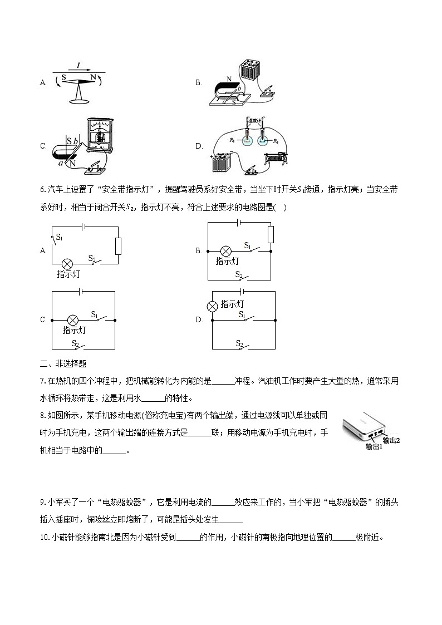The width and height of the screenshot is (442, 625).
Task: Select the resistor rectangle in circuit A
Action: click(x=118, y=246)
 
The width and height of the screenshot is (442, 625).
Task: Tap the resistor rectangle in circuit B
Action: click(x=271, y=235)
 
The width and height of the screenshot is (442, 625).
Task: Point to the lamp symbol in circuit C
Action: click(x=72, y=320)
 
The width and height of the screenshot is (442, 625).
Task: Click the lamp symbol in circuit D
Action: click(x=212, y=306)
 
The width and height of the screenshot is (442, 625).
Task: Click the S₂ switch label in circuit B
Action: click(x=239, y=274)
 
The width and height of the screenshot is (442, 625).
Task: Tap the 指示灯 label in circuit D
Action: click(x=232, y=304)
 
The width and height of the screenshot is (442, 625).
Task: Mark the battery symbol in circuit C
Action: click(x=82, y=291)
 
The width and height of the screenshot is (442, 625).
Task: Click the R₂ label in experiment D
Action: click(x=274, y=141)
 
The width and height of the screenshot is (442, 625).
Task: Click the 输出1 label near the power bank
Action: click(x=374, y=446)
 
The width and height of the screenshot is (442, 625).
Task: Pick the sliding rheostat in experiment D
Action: click(x=276, y=159)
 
